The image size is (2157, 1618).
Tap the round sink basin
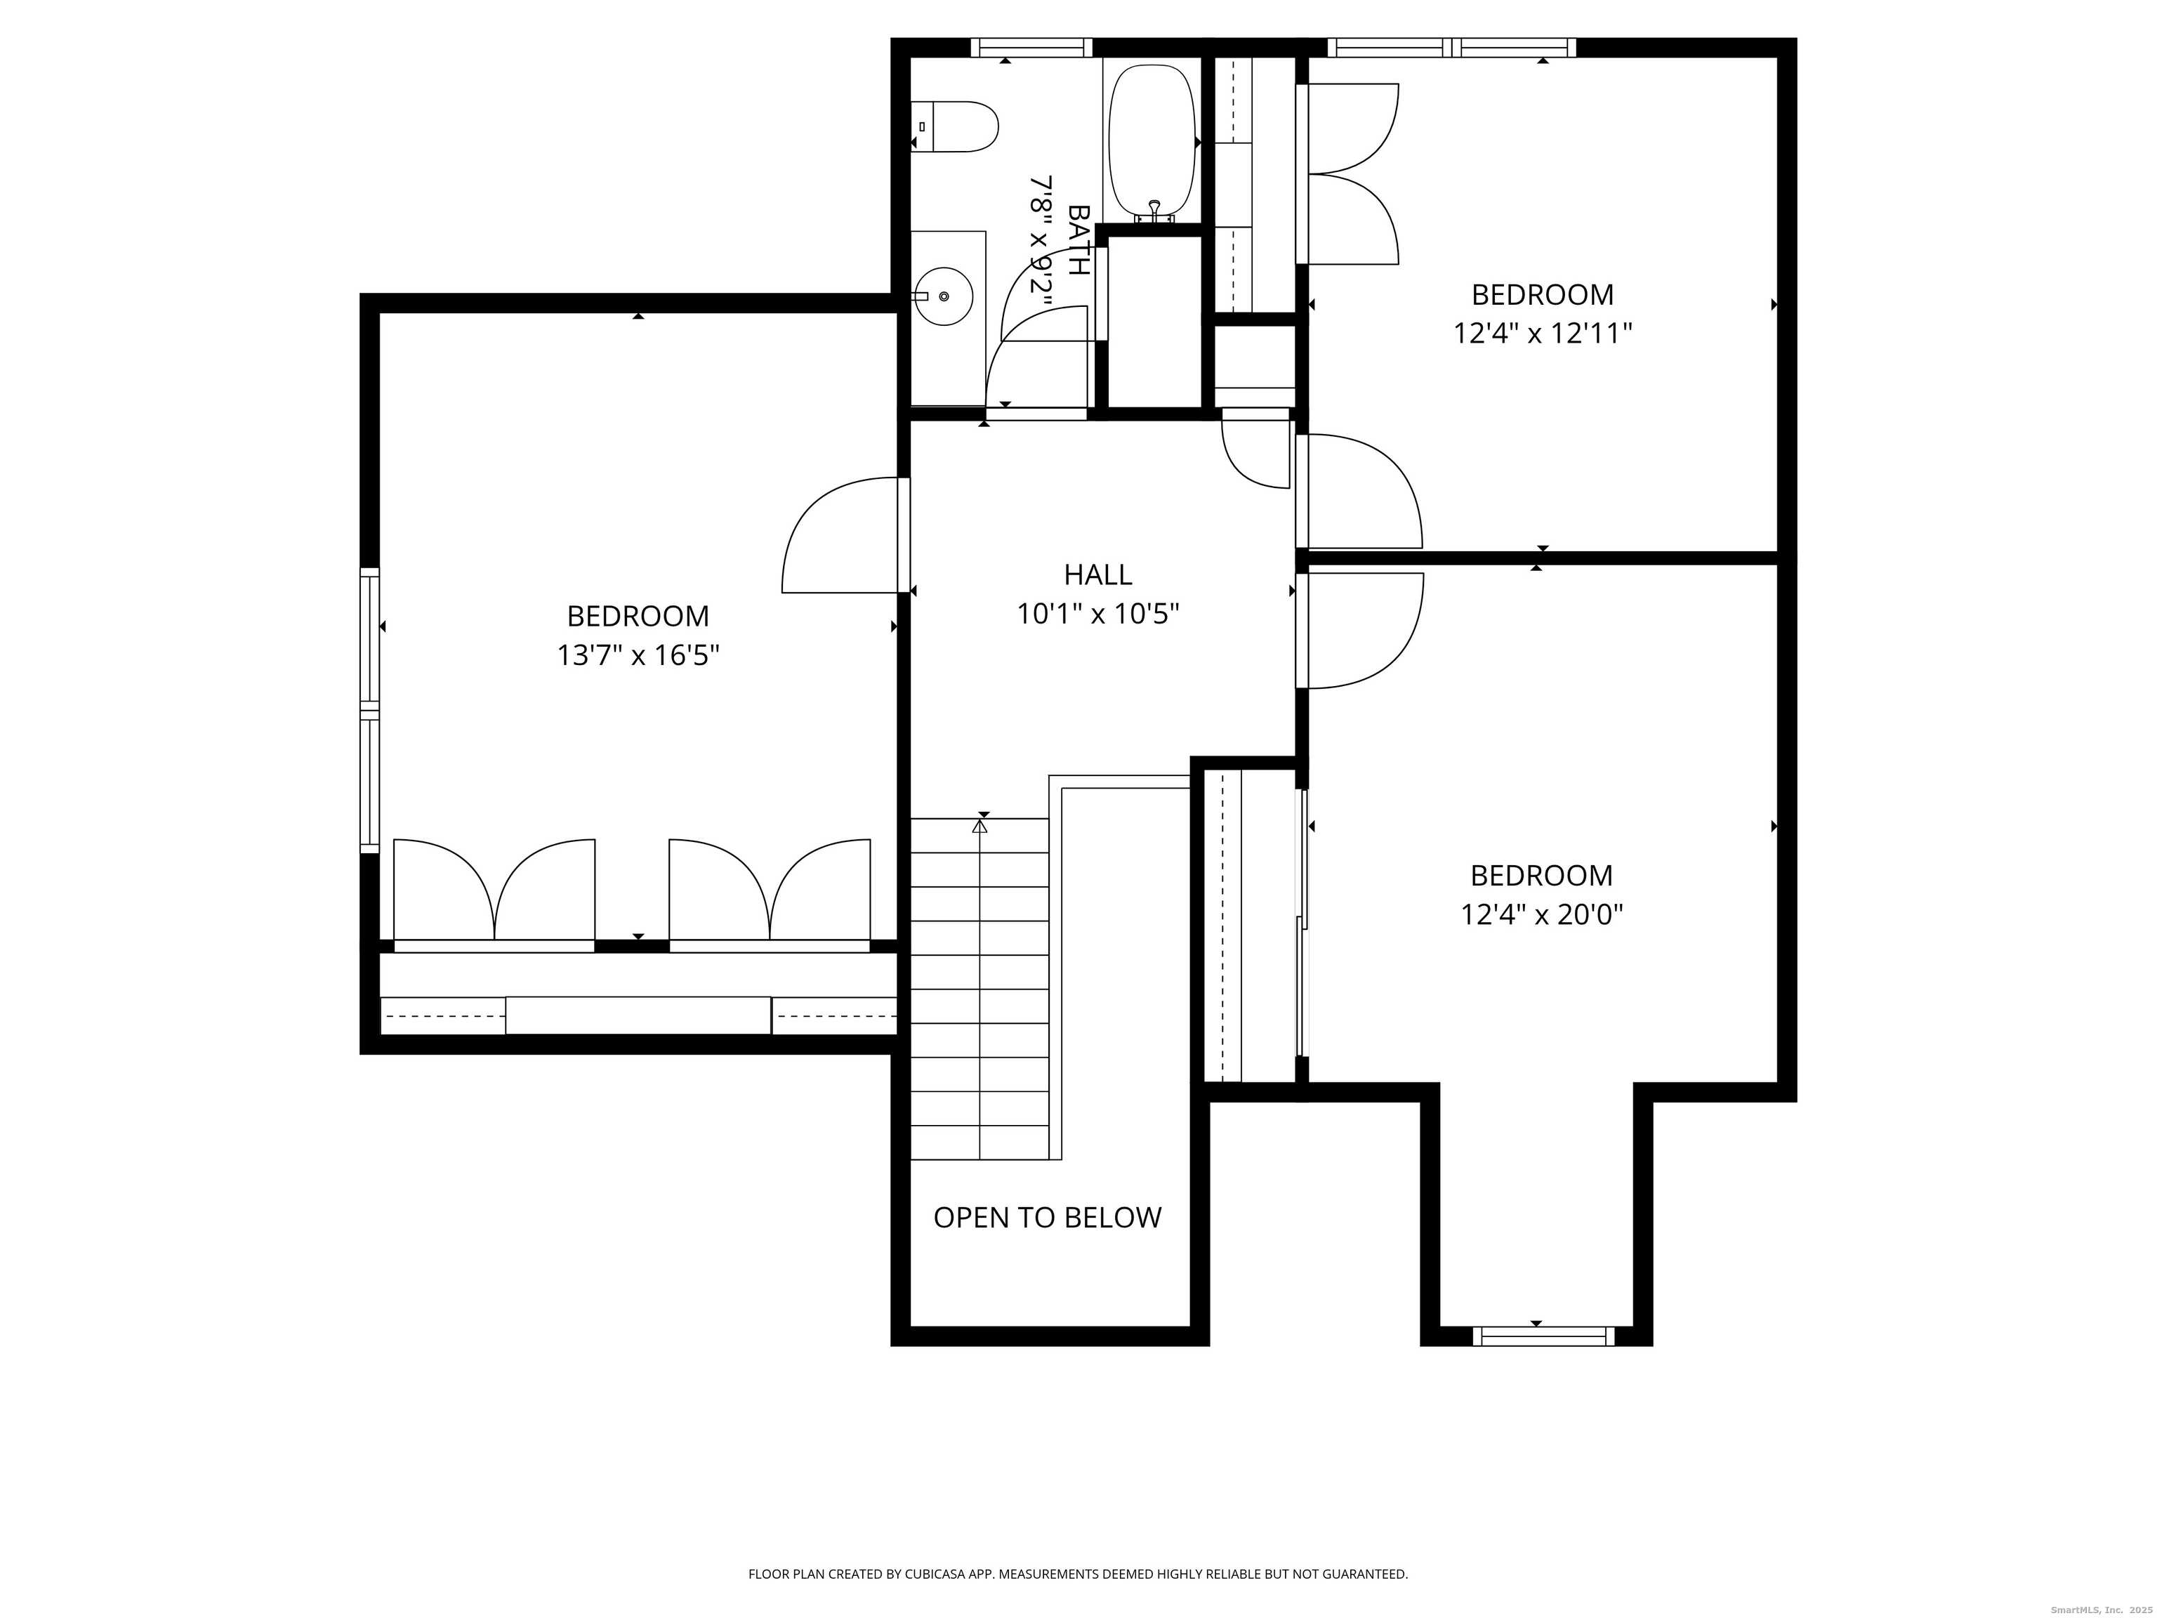click(x=943, y=296)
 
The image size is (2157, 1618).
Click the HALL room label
click(x=1098, y=574)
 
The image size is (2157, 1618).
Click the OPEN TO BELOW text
click(x=1048, y=1217)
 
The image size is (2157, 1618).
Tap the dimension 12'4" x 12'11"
click(x=1543, y=334)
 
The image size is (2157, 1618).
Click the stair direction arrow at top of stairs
click(x=980, y=826)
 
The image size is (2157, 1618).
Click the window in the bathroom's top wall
click(x=1031, y=47)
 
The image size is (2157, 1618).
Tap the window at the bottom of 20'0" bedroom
click(x=1543, y=1336)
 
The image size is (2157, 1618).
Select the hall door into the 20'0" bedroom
click(x=1360, y=631)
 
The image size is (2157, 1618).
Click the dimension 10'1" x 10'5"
click(x=1098, y=614)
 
